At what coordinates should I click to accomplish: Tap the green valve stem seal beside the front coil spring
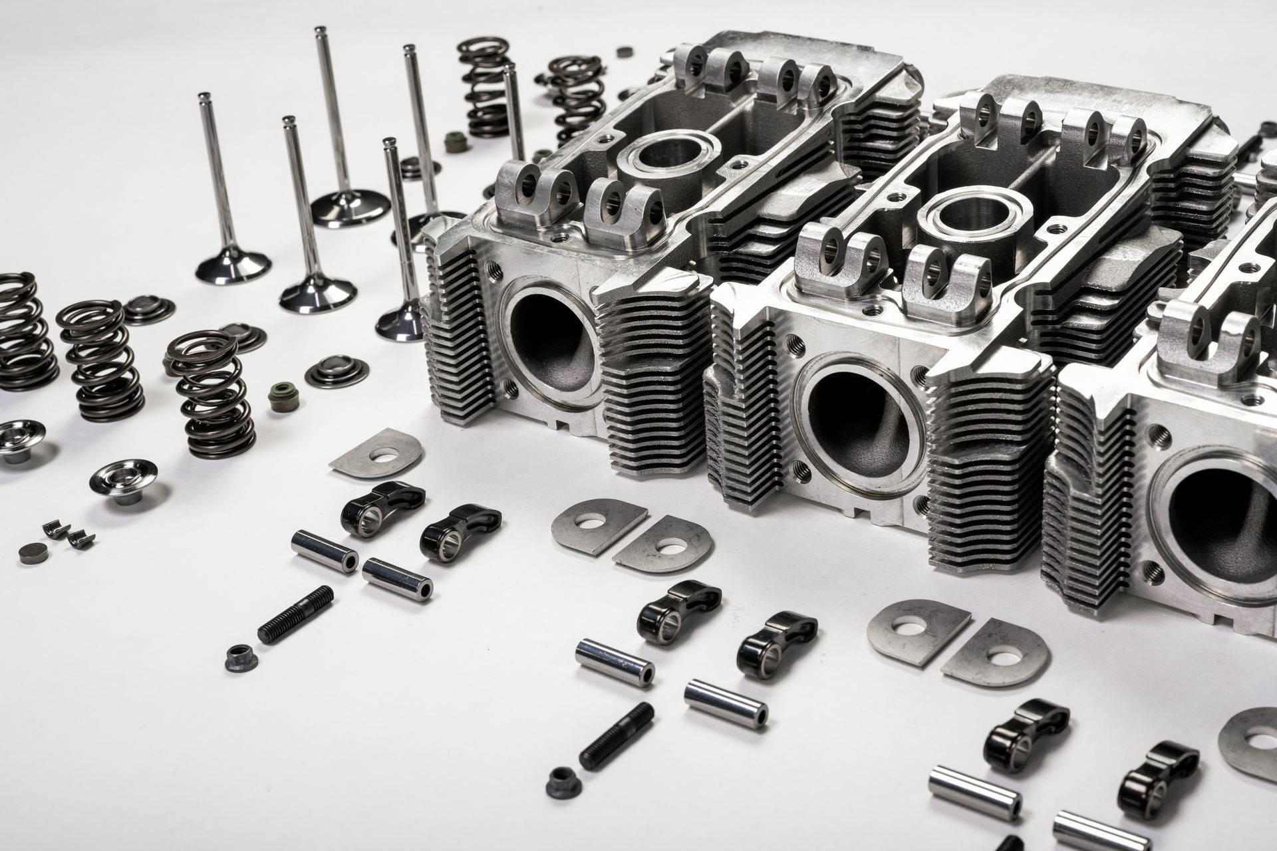[279, 397]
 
